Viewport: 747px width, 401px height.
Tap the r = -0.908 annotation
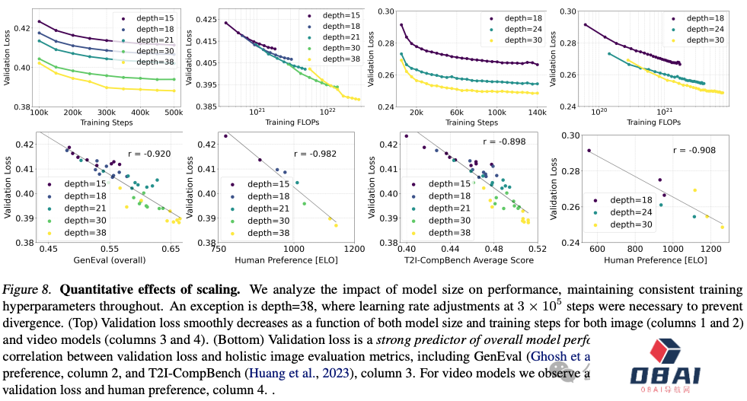point(694,151)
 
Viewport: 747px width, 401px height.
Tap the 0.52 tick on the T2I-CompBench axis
point(538,249)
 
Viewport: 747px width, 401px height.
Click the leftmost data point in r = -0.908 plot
point(589,151)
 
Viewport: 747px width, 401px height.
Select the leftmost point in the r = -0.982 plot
point(226,136)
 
